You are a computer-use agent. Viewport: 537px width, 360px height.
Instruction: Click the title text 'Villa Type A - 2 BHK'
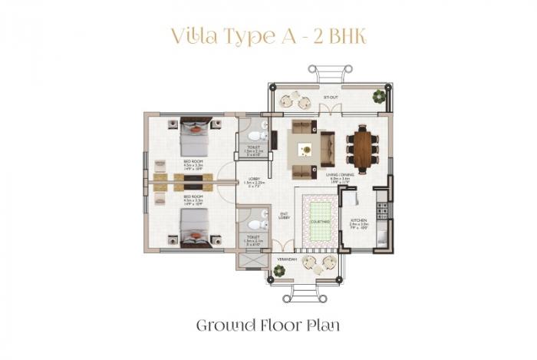[x=268, y=37]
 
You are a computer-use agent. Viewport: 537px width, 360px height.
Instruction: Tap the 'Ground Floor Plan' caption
[x=268, y=325]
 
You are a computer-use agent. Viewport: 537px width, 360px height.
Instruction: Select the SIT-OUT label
[x=331, y=98]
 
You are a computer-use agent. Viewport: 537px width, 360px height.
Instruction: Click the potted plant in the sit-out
[x=379, y=96]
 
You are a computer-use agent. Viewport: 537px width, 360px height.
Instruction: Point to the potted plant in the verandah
[x=279, y=270]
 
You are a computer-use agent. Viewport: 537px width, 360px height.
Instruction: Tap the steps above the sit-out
[x=331, y=74]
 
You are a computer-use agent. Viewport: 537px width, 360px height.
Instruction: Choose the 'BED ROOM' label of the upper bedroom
[x=192, y=161]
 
